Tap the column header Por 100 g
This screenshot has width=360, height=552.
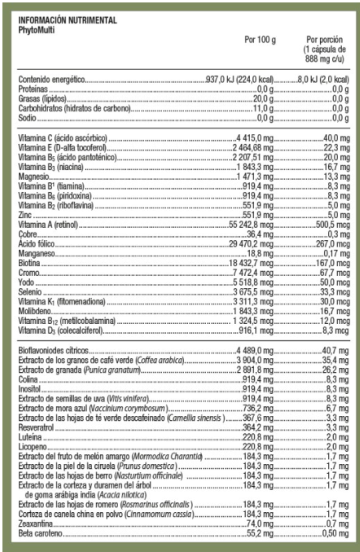(x=260, y=38)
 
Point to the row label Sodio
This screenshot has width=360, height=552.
(x=29, y=117)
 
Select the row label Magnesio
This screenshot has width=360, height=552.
(x=33, y=176)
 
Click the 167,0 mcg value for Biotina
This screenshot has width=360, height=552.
(x=331, y=261)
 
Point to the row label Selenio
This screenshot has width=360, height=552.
(x=30, y=291)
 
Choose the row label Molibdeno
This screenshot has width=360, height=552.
(x=34, y=310)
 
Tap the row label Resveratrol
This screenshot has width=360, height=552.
(x=35, y=427)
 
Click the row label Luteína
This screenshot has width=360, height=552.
(x=29, y=436)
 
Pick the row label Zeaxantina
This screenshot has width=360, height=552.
(x=35, y=524)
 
